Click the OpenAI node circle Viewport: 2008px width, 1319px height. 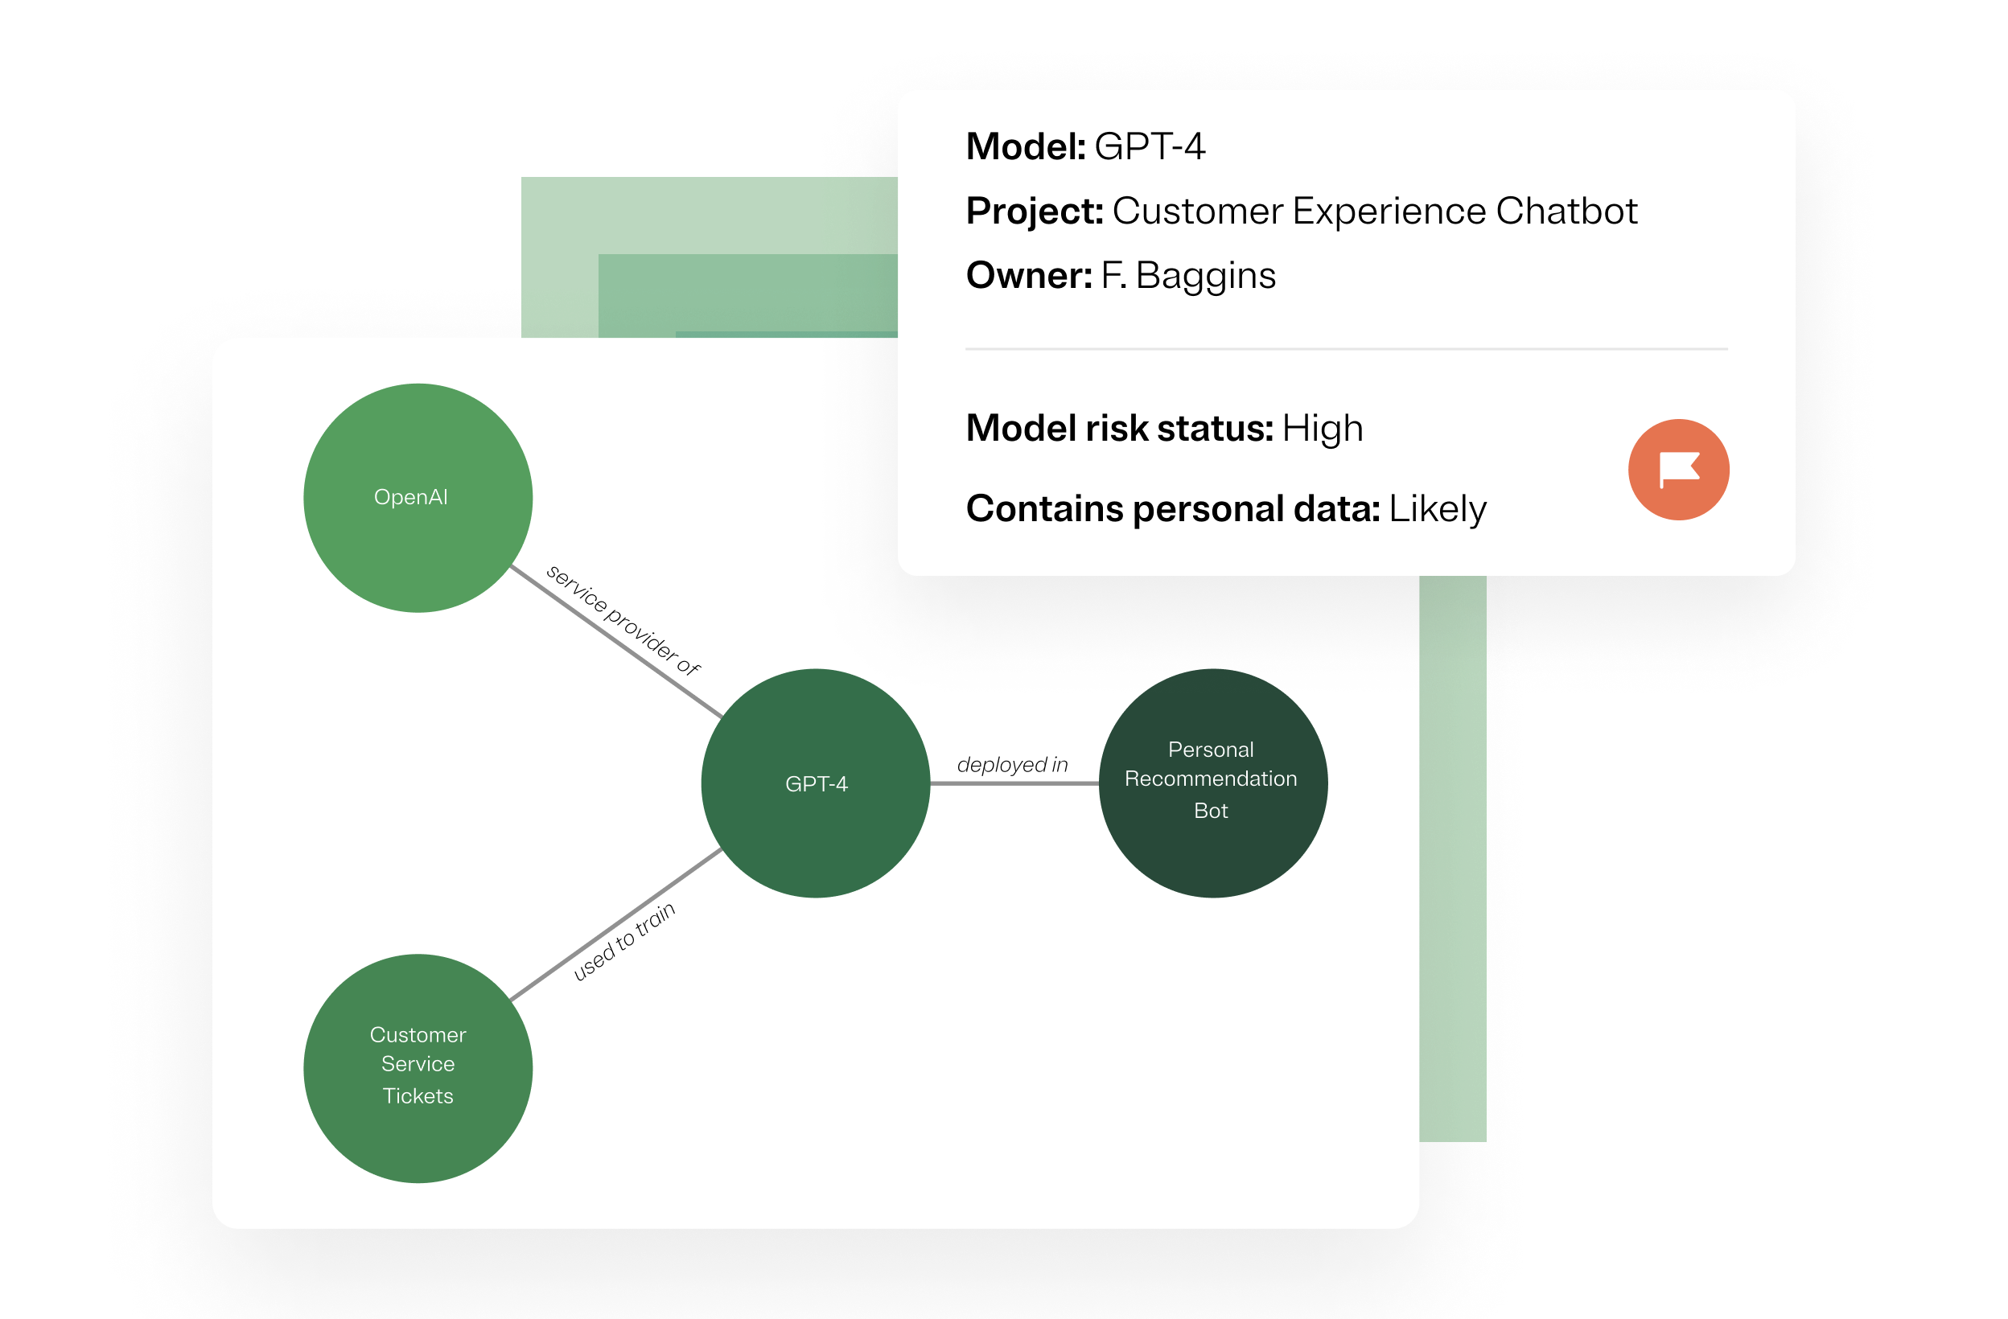[x=418, y=498]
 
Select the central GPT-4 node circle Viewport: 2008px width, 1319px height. [x=815, y=783]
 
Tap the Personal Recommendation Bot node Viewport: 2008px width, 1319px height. [x=1212, y=783]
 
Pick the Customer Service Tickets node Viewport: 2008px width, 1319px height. [x=418, y=1068]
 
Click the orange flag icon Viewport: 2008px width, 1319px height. [x=1678, y=470]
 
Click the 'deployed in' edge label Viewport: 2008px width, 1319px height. [x=1012, y=765]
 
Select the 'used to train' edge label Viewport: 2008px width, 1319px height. [x=624, y=941]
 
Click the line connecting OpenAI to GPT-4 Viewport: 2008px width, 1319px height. [x=616, y=641]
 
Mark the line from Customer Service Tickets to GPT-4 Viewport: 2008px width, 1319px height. [x=616, y=925]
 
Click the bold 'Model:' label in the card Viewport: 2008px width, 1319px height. [x=1025, y=146]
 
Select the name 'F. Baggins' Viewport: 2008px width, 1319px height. [x=1188, y=276]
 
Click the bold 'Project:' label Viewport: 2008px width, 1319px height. [x=1035, y=211]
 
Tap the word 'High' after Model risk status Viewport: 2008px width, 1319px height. [x=1322, y=429]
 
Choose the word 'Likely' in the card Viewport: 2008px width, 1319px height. [x=1438, y=508]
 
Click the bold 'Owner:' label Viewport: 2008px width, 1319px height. [x=1028, y=276]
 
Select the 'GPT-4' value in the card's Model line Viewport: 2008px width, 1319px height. [x=1149, y=146]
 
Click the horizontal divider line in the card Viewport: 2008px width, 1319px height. [x=1346, y=348]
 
